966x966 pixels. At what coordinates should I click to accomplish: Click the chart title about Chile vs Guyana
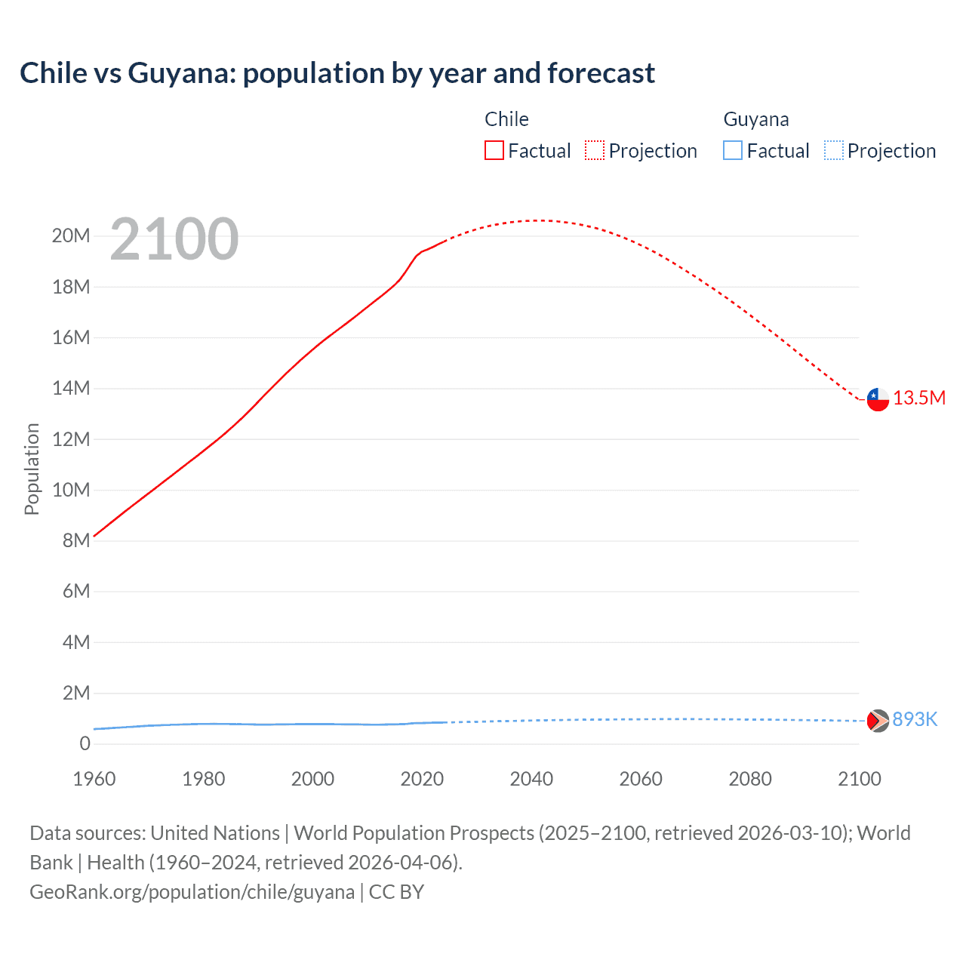337,73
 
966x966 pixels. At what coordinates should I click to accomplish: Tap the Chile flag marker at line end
878,399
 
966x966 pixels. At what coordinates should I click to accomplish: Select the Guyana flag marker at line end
878,721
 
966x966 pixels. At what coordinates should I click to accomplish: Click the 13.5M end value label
919,398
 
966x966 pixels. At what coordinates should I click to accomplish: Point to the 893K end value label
915,720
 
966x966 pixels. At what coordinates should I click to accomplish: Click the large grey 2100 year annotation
174,240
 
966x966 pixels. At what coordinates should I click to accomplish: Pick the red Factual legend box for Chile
494,151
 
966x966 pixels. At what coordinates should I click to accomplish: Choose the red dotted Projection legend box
595,151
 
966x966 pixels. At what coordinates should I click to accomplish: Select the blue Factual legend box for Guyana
733,151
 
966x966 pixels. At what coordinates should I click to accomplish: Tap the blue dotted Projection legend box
834,151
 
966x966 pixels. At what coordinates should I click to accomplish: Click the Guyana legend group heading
756,119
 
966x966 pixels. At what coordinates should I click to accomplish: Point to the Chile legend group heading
506,119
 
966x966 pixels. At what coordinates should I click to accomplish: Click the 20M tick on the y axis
71,236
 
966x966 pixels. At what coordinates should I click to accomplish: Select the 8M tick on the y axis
76,540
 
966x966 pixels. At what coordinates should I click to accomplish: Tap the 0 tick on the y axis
85,743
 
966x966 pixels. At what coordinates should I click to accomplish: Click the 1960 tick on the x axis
94,779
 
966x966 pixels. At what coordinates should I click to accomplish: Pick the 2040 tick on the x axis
531,779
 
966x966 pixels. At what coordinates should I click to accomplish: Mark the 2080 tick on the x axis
750,779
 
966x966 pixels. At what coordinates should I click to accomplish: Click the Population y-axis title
32,469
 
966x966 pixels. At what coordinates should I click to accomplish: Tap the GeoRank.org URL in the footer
192,892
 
